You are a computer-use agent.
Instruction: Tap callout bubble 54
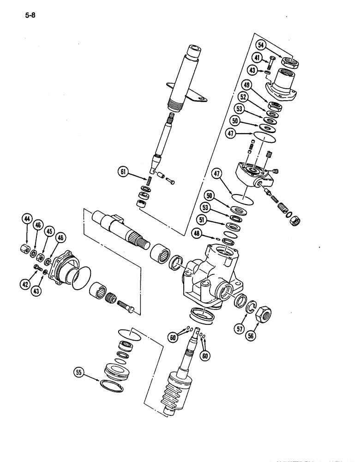(x=262, y=45)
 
